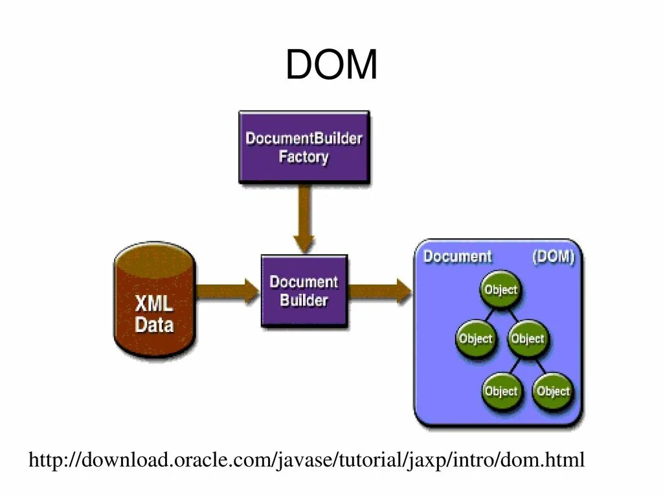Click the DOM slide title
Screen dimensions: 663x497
(331, 64)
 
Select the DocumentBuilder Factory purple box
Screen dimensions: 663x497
(304, 147)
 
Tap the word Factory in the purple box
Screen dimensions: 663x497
(304, 157)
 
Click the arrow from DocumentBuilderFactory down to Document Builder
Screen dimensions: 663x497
(304, 219)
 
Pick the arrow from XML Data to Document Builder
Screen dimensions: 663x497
(228, 291)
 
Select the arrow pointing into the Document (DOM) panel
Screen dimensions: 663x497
(379, 291)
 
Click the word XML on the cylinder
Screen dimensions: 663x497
(154, 304)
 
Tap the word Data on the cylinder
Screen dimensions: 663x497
(154, 325)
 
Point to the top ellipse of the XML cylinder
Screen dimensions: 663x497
(155, 260)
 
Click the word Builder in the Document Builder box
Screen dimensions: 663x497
(304, 300)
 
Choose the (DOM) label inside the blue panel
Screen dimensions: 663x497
(554, 256)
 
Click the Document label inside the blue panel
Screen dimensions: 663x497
(458, 256)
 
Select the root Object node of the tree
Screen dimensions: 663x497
(500, 289)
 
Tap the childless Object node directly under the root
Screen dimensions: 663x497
(476, 338)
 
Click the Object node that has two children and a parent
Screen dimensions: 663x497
(527, 338)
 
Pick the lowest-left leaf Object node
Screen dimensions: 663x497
(501, 391)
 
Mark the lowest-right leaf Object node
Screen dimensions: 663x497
(553, 391)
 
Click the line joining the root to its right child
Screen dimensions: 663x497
(513, 315)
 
